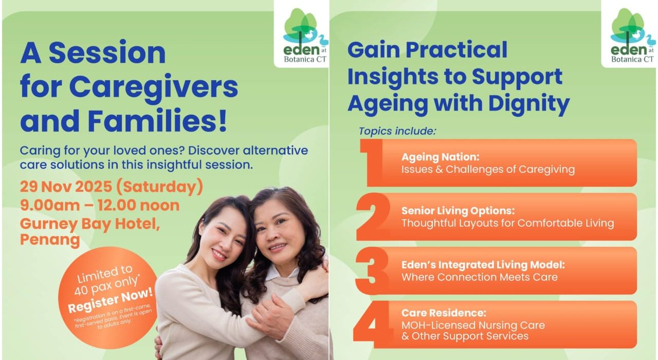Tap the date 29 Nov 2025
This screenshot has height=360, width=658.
coord(66,187)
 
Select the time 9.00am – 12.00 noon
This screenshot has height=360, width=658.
coord(100,205)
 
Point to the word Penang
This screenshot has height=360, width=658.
coord(50,240)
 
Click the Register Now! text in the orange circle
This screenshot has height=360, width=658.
coord(111,300)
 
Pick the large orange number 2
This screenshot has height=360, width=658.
coord(373,217)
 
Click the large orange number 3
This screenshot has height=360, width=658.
coord(372,271)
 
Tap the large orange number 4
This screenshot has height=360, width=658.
coord(373,325)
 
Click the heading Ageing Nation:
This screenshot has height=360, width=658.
coord(441,157)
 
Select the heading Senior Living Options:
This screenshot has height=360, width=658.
coord(458,211)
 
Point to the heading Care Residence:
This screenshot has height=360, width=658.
coord(444,313)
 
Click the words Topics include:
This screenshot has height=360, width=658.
coord(397,131)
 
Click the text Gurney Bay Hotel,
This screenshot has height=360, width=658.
coord(90,224)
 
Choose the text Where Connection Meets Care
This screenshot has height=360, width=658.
coord(480,277)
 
